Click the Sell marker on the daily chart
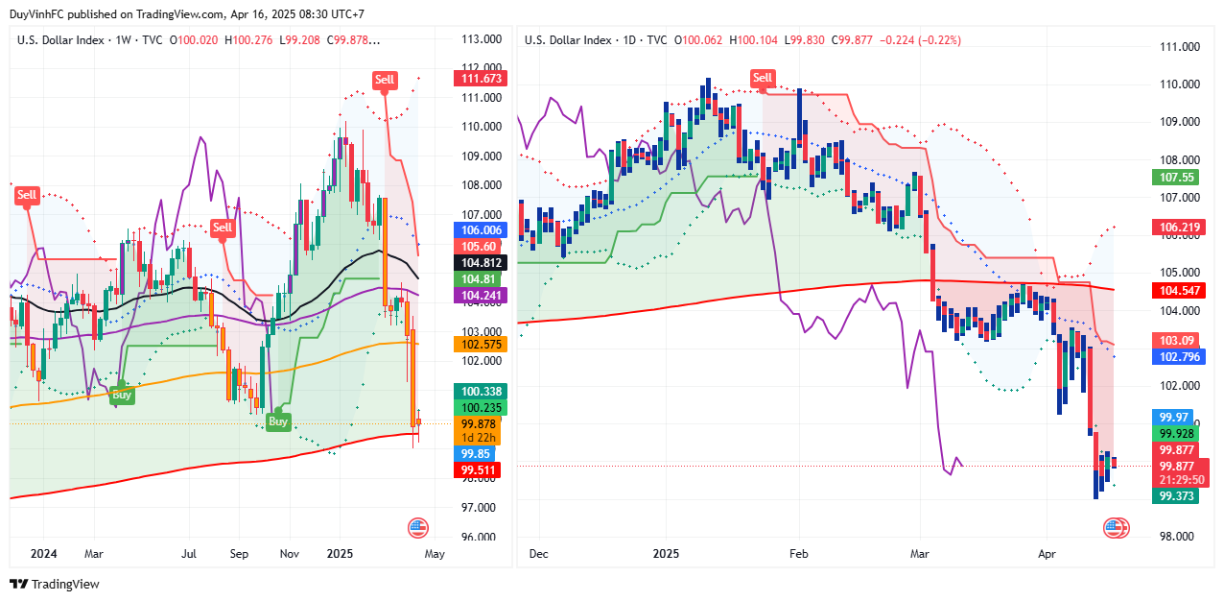point(763,78)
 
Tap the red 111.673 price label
point(480,78)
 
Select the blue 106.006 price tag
point(482,230)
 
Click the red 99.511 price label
point(480,469)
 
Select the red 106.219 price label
point(1179,227)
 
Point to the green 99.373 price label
point(1179,496)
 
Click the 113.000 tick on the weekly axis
point(482,39)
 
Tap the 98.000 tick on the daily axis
point(1180,536)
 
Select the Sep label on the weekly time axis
point(239,554)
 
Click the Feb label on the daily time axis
point(798,554)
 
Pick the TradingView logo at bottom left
point(54,584)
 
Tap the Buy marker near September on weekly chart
point(277,421)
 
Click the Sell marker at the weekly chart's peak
point(385,80)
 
